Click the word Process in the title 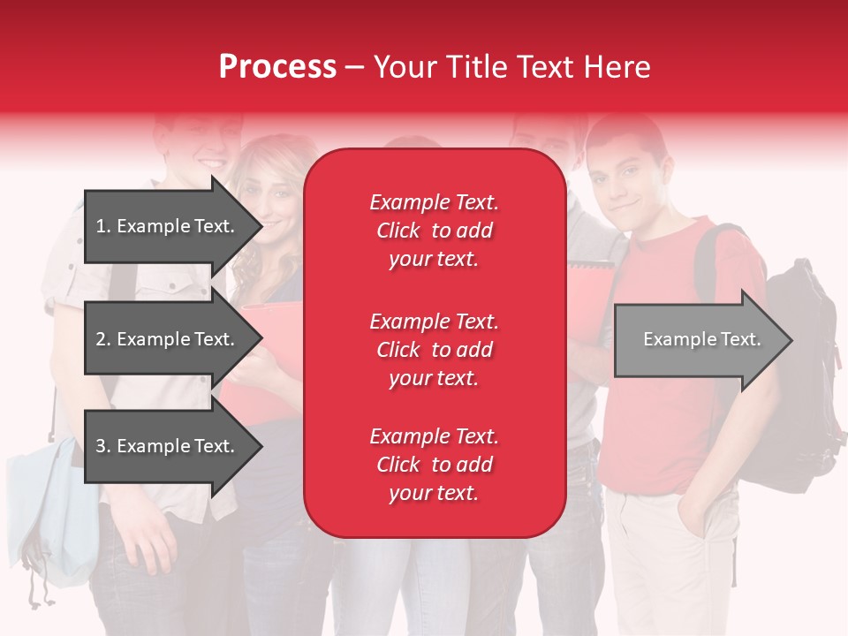click(277, 67)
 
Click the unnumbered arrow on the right click(702, 339)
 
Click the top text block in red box click(434, 231)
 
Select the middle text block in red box click(434, 350)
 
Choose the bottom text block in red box click(434, 465)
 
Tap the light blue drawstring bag click(53, 512)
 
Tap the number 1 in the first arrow click(102, 226)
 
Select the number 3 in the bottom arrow click(102, 446)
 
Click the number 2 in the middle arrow click(102, 339)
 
